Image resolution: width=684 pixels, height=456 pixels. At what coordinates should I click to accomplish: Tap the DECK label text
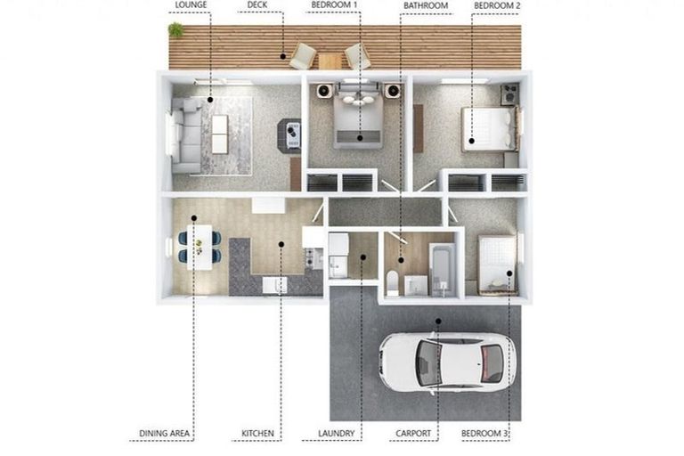[x=258, y=5]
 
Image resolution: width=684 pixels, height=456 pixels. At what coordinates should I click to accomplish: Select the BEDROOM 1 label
[x=334, y=5]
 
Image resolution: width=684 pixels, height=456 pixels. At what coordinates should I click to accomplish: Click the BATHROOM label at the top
[x=425, y=5]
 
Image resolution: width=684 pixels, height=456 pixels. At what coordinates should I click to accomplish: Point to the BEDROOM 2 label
[x=496, y=5]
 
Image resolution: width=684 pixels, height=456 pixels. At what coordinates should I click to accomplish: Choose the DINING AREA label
[x=165, y=435]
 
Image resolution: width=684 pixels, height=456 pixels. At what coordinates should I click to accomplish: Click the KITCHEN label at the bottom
[x=257, y=435]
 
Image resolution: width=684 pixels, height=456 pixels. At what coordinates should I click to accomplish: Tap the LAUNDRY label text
[x=337, y=435]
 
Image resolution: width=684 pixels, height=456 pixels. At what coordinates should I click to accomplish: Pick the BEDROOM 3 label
[x=485, y=435]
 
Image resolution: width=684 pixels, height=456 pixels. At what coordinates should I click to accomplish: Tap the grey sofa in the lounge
[x=186, y=134]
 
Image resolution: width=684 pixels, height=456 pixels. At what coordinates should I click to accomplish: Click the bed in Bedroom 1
[x=359, y=122]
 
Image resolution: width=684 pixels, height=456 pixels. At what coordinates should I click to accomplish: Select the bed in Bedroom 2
[x=488, y=128]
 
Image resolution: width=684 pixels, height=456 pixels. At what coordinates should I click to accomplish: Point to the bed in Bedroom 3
[x=496, y=264]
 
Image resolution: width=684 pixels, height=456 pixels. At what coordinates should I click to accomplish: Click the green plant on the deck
[x=175, y=30]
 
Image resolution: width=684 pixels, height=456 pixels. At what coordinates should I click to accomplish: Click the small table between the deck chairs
[x=330, y=60]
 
